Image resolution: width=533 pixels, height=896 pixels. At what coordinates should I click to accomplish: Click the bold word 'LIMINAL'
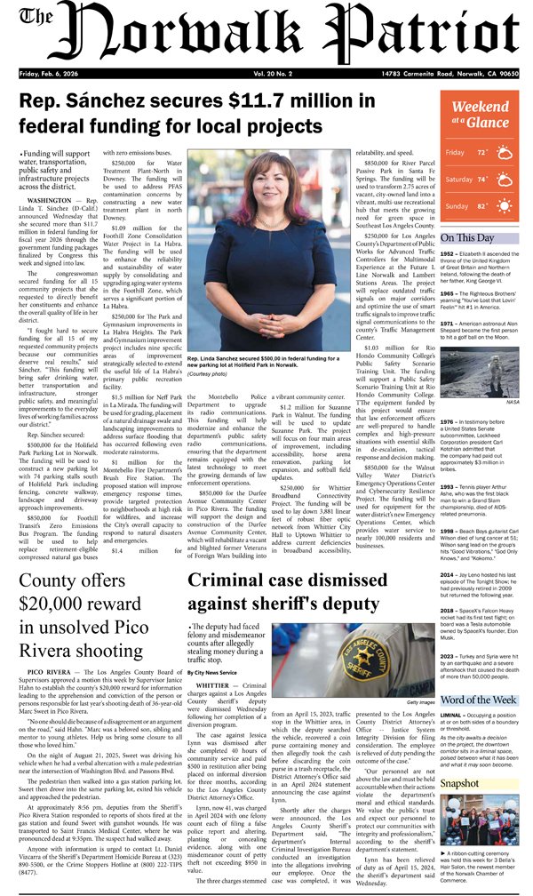451,715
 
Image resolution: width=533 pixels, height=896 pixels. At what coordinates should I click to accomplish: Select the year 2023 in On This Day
449,655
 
